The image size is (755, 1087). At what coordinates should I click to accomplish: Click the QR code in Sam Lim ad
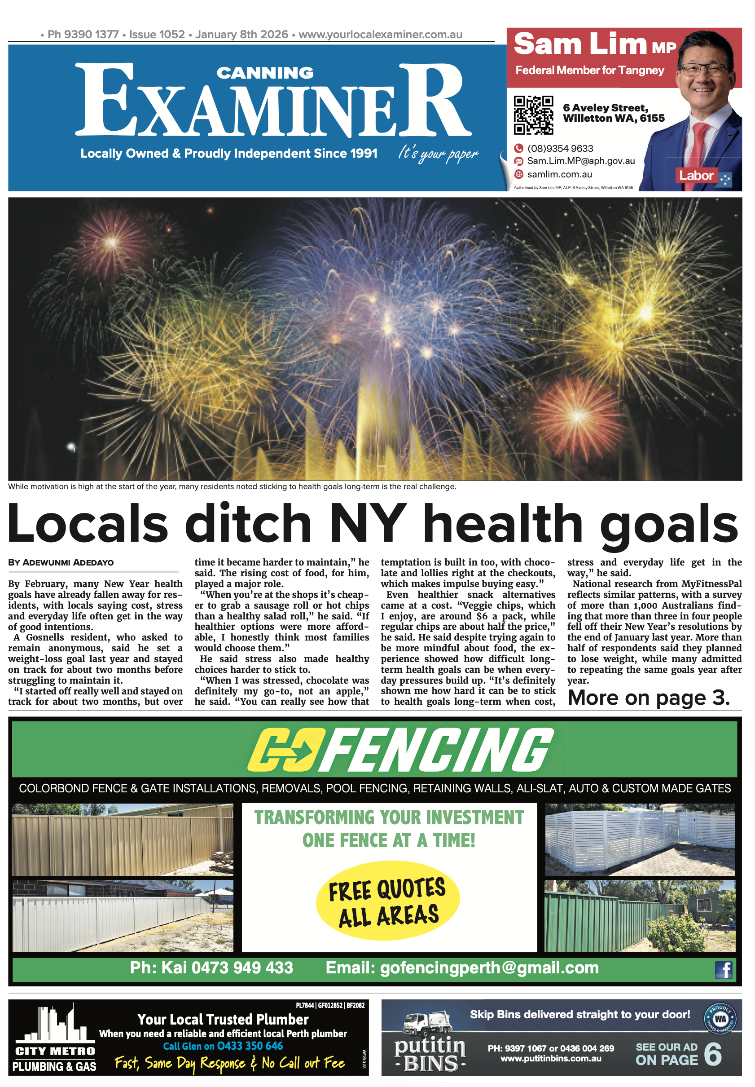click(x=533, y=115)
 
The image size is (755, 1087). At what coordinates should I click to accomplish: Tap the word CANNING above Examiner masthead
click(x=265, y=73)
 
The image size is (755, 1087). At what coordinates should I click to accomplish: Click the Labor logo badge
click(x=703, y=177)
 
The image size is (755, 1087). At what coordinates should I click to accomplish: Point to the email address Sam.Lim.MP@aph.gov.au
click(x=581, y=161)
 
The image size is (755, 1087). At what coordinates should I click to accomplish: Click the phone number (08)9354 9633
click(x=560, y=149)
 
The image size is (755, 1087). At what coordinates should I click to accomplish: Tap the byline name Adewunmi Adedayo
click(x=68, y=562)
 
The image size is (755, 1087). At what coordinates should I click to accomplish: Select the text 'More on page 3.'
click(x=649, y=698)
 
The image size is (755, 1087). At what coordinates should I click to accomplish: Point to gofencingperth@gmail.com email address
click(x=489, y=968)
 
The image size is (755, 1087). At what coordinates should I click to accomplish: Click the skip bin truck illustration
click(x=428, y=1024)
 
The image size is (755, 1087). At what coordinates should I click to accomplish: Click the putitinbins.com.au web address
click(x=551, y=1059)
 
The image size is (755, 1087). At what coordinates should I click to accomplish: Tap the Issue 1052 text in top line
click(x=157, y=35)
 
